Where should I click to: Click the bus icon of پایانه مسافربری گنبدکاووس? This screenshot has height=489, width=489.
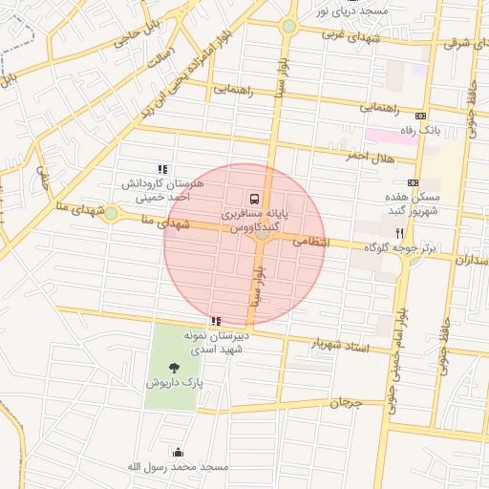[254, 199]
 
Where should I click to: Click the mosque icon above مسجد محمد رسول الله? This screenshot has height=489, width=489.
[178, 452]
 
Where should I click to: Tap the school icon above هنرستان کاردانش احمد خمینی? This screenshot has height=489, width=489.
[161, 168]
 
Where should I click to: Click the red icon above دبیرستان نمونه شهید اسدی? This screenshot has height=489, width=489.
[216, 322]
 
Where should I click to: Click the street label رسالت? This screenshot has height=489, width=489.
[159, 58]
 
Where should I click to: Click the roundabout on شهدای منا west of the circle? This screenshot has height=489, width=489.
[111, 213]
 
